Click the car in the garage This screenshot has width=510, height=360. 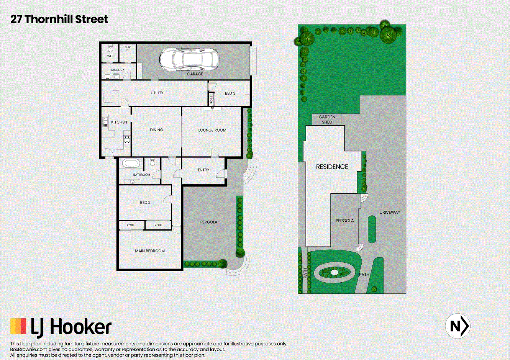pyautogui.click(x=189, y=59)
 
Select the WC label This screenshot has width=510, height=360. pyautogui.click(x=110, y=56)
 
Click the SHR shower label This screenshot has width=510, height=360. pyautogui.click(x=128, y=47)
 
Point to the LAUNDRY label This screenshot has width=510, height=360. pyautogui.click(x=118, y=70)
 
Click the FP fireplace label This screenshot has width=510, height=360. pyautogui.click(x=212, y=108)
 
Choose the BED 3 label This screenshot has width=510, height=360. pyautogui.click(x=230, y=93)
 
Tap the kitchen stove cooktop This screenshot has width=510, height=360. pyautogui.click(x=127, y=140)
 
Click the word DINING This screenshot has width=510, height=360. pyautogui.click(x=156, y=130)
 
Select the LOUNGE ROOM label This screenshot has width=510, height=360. pyautogui.click(x=212, y=130)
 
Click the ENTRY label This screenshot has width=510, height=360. pyautogui.click(x=203, y=170)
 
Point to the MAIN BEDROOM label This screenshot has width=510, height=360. pyautogui.click(x=150, y=251)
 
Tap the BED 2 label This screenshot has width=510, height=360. pyautogui.click(x=145, y=203)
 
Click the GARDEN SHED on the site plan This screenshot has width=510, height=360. pyautogui.click(x=327, y=119)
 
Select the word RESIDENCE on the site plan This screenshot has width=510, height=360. pyautogui.click(x=332, y=167)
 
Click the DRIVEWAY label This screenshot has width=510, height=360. pyautogui.click(x=390, y=212)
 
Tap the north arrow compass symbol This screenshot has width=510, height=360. pyautogui.click(x=458, y=326)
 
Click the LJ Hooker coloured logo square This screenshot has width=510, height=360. pyautogui.click(x=18, y=326)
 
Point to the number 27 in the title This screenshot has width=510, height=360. pyautogui.click(x=16, y=20)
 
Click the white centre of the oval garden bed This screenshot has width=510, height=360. pyautogui.click(x=334, y=272)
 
